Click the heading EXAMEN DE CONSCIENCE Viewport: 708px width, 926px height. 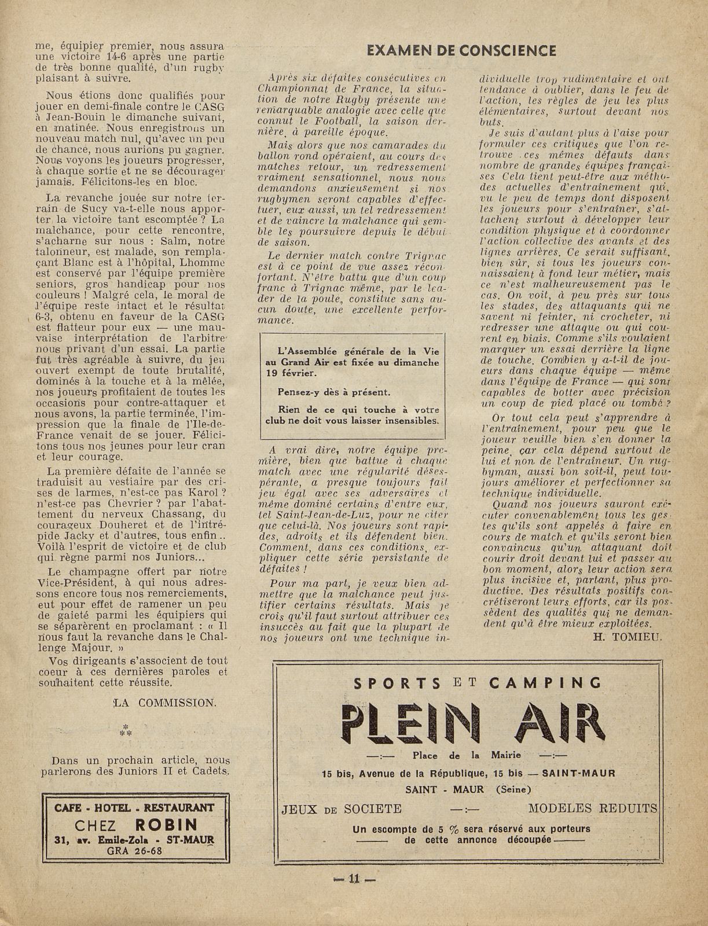[461, 50]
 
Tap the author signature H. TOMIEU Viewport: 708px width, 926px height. [628, 637]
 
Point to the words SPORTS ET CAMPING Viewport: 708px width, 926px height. [469, 682]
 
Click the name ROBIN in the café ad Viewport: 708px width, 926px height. [166, 824]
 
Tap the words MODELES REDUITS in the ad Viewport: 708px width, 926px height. [593, 808]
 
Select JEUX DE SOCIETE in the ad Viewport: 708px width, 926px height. [341, 809]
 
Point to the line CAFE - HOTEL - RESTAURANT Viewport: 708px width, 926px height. [134, 807]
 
